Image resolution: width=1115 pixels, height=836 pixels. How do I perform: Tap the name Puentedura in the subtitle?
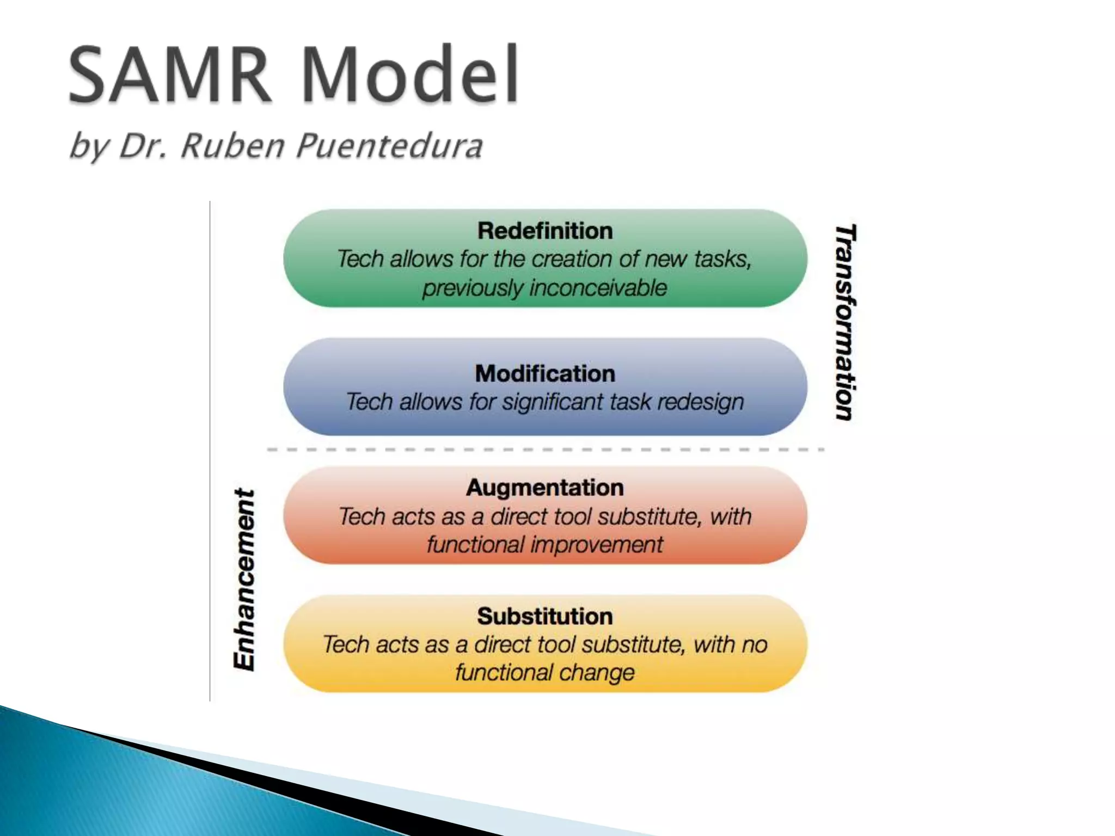389,146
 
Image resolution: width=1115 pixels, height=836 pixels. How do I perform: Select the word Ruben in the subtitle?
232,146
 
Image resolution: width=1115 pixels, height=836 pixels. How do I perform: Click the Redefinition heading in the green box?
545,231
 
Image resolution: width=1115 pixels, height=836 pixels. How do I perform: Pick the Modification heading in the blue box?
545,373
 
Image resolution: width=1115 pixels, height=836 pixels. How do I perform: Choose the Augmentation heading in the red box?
545,487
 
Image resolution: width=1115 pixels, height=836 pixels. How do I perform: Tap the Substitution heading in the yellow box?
545,616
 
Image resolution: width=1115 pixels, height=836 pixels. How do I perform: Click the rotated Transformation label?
845,322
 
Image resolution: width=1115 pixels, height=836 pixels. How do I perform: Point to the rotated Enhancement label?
244,579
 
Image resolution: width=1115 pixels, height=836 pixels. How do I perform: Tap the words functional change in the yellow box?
545,673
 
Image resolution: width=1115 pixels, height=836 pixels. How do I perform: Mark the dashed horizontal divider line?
545,450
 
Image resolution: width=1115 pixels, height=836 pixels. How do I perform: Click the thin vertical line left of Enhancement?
210,452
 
